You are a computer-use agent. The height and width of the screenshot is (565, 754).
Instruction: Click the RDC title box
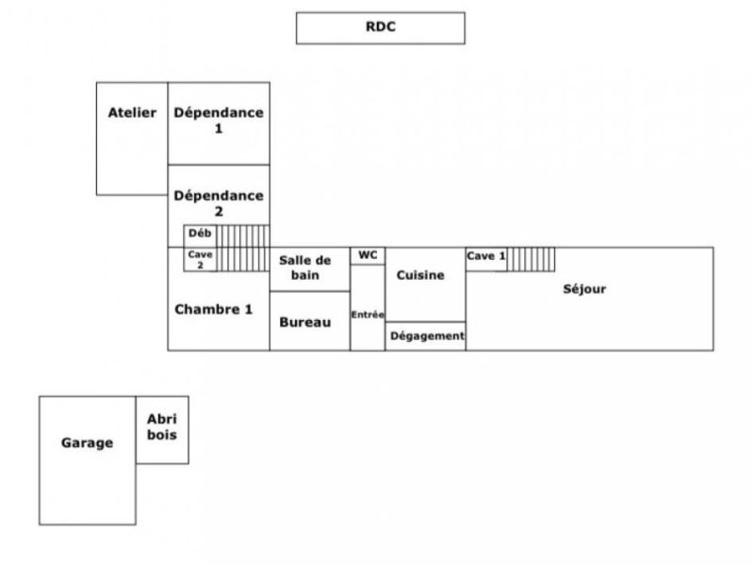[380, 27]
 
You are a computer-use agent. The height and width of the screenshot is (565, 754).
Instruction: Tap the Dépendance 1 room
[219, 123]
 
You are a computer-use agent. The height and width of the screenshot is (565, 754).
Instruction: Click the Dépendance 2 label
[219, 203]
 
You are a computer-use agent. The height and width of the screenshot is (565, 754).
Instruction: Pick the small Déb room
[199, 234]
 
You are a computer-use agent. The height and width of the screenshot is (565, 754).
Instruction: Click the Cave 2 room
[199, 260]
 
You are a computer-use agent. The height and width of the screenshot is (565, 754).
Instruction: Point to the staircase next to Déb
[242, 248]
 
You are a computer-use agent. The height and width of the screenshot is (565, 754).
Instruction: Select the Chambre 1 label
[214, 309]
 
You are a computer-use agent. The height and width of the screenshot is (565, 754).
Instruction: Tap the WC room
[368, 255]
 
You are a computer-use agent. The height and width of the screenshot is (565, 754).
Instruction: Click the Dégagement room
[426, 336]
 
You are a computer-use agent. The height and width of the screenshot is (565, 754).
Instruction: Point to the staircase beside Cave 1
[531, 258]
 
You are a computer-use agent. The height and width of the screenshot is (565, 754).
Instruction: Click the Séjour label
[584, 289]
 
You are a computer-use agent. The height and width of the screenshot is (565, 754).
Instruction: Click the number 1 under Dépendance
[219, 129]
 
